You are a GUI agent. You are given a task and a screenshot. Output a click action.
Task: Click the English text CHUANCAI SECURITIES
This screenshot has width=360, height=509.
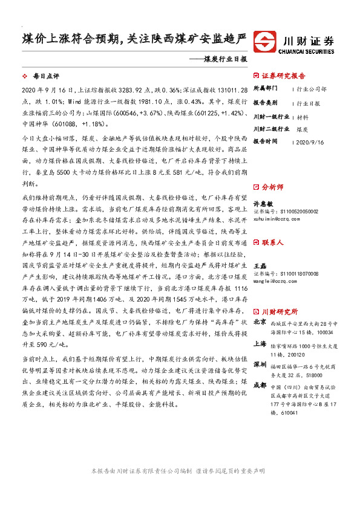coord(307,52)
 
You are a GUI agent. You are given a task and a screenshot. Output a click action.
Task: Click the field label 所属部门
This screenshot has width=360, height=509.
coord(266,88)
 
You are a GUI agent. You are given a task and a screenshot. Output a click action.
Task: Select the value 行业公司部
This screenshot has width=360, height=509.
coord(312,88)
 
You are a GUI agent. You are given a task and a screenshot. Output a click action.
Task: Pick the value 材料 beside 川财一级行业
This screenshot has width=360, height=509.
coord(303,117)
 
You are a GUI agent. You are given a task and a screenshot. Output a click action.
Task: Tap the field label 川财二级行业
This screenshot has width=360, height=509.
coord(270,129)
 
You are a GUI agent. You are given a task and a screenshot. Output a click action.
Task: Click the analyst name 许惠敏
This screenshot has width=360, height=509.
coord(262,205)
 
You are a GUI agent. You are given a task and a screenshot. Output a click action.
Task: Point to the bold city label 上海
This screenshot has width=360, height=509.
coord(260,344)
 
